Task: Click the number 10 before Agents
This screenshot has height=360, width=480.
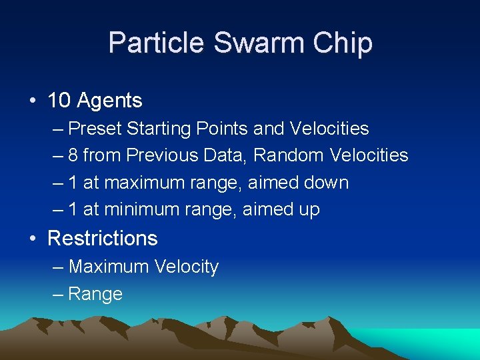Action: [x=59, y=101]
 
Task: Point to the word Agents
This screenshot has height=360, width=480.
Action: [x=109, y=101]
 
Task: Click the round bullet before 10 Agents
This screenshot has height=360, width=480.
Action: [x=33, y=101]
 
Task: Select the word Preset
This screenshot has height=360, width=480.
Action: [x=95, y=128]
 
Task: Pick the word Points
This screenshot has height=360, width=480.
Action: [x=227, y=128]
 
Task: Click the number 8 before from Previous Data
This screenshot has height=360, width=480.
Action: [x=73, y=155]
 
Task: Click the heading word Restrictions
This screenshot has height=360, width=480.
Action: [x=103, y=238]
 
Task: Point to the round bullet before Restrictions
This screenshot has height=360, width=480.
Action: [x=33, y=239]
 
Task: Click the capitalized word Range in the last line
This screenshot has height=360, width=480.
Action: [x=95, y=294]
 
